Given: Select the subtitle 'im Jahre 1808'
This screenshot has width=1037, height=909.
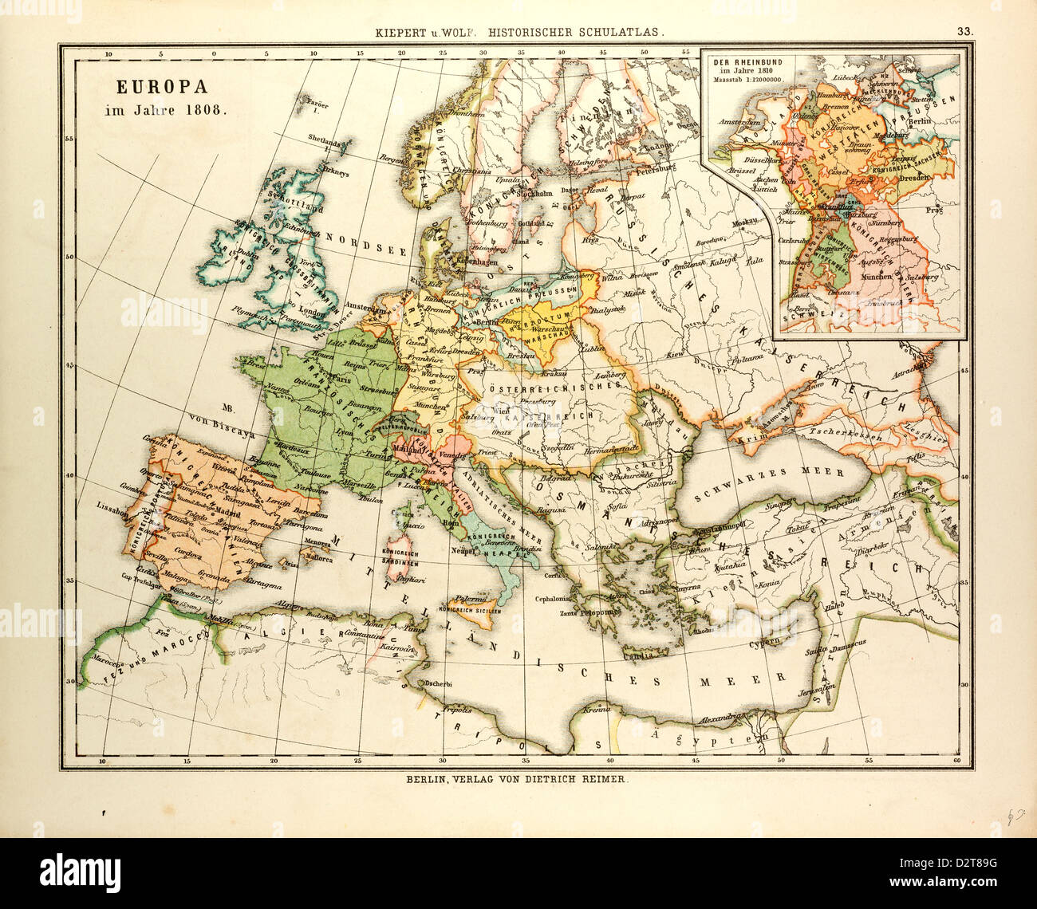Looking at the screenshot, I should pyautogui.click(x=166, y=111).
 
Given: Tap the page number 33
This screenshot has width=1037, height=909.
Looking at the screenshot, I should pyautogui.click(x=965, y=32).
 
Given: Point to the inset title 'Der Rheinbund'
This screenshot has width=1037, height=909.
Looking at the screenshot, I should pyautogui.click(x=739, y=63).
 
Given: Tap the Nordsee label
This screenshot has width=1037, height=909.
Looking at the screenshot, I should pyautogui.click(x=369, y=246).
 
